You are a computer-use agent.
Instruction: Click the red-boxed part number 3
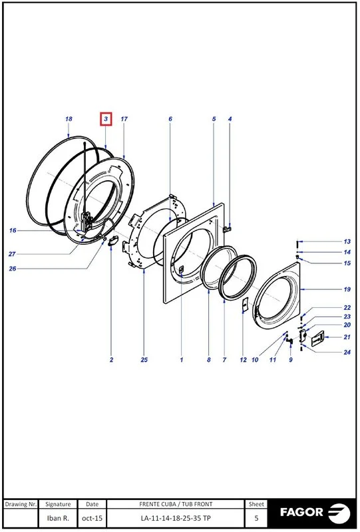[x=106, y=119]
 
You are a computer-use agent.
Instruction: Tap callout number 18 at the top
[x=69, y=119]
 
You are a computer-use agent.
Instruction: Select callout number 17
[x=124, y=119]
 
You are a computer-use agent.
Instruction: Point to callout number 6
[x=170, y=119]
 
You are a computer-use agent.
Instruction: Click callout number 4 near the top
[x=230, y=119]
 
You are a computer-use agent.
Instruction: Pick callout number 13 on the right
[x=347, y=241]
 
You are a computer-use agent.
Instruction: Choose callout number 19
[x=347, y=289]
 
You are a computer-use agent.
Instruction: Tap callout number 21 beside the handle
[x=347, y=337]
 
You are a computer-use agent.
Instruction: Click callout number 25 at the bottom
[x=144, y=360]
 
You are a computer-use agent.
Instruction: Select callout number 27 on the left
[x=12, y=254]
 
